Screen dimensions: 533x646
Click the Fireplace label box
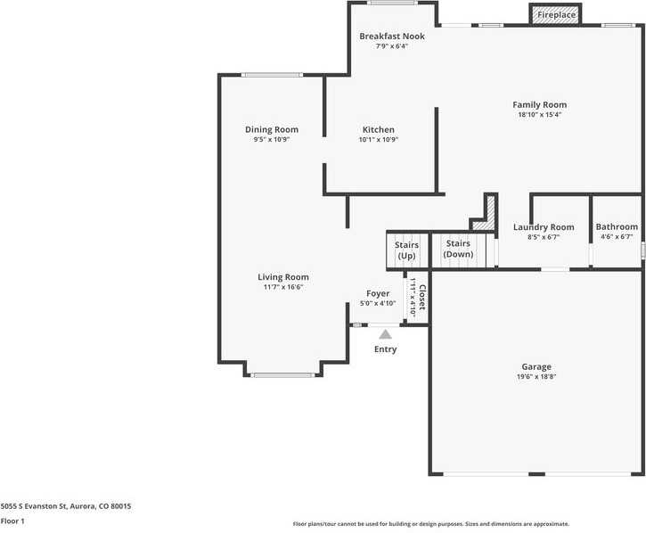point(556,15)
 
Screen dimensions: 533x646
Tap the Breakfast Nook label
point(392,37)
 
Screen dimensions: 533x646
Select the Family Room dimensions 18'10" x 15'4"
point(539,115)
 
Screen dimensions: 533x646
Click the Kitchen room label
point(378,130)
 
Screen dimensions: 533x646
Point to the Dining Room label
point(272,130)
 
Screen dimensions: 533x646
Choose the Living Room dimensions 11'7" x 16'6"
point(283,287)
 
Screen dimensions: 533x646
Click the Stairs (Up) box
point(406,250)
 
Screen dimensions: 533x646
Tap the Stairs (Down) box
point(458,250)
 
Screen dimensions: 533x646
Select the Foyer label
point(378,293)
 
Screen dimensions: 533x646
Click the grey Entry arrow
point(385,334)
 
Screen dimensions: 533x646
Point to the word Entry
point(385,349)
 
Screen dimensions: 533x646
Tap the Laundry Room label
point(544,227)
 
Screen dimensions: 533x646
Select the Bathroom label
point(617,227)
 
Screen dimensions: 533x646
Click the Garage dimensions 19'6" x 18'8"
point(536,377)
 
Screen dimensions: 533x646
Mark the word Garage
point(536,366)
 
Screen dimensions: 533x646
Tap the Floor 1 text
point(12,521)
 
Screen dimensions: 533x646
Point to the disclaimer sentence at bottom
point(430,524)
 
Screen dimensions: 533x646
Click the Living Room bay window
point(282,375)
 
